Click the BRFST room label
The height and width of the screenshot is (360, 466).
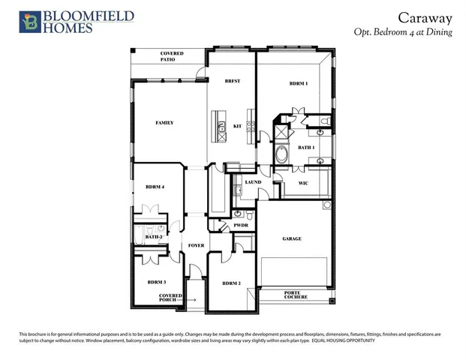[x=232, y=80]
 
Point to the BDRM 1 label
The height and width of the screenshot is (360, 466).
[x=299, y=83]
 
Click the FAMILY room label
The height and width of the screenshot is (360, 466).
[x=165, y=122]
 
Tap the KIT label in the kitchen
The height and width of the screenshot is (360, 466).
[x=237, y=126]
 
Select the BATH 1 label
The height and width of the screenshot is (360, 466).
[x=307, y=148]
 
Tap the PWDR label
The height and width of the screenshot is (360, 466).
[x=241, y=224]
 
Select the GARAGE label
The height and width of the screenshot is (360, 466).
[x=292, y=238]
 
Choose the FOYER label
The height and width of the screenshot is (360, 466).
[x=196, y=245]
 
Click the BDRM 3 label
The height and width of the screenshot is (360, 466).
[x=156, y=282]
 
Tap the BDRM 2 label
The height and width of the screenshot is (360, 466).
[x=231, y=283]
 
